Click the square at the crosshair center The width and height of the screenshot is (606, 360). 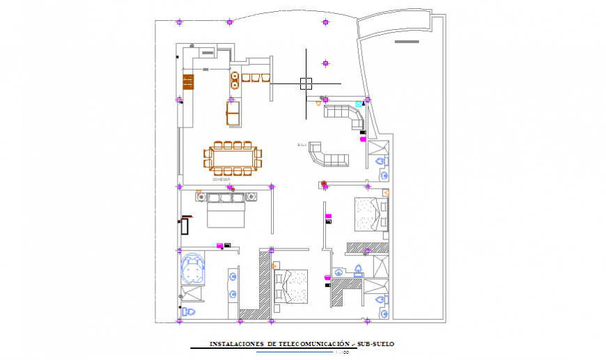coord(305,84)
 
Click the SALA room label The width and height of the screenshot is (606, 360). coord(302,145)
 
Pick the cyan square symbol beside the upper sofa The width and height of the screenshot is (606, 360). coord(359,104)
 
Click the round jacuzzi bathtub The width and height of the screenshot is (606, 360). coord(193,268)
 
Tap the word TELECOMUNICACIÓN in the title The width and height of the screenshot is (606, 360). coord(313,344)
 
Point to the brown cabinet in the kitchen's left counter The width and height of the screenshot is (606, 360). coord(188,82)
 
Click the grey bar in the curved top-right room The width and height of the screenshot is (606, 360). coord(407,42)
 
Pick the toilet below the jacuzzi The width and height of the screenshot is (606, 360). coord(189,310)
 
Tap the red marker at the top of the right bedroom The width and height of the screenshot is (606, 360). coord(323,185)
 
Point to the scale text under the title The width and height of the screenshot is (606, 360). coord(341,352)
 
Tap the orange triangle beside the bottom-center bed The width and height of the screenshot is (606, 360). coord(274,267)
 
